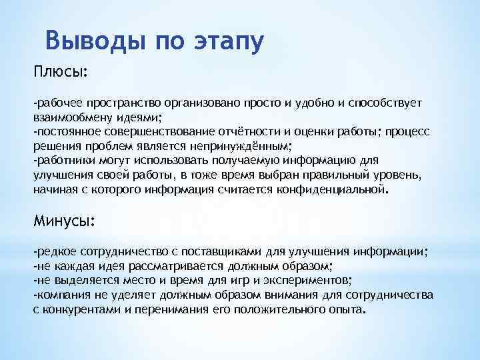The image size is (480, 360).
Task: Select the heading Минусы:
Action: [x=65, y=221]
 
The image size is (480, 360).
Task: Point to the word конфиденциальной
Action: [x=333, y=189]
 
